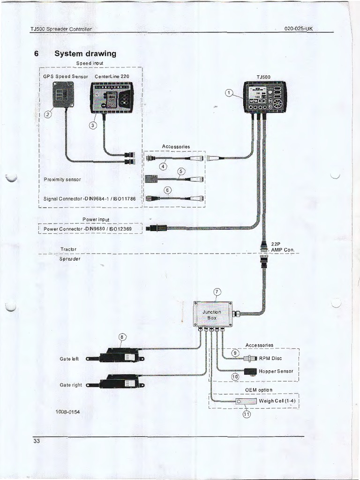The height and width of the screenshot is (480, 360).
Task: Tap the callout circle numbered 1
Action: tap(229, 93)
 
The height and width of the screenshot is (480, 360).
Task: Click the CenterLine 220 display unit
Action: tap(111, 97)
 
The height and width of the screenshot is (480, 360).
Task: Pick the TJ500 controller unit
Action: tap(265, 97)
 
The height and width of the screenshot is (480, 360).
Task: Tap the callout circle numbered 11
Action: tap(246, 414)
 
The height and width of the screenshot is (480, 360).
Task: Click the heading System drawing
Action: tap(85, 53)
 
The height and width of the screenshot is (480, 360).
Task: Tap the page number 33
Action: tap(37, 441)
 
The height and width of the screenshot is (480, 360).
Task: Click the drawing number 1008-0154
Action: tap(68, 412)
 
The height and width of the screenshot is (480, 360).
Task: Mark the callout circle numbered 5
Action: tap(181, 172)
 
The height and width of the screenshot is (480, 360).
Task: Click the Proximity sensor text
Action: tap(62, 180)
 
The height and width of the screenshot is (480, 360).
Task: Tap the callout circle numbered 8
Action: tap(123, 337)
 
